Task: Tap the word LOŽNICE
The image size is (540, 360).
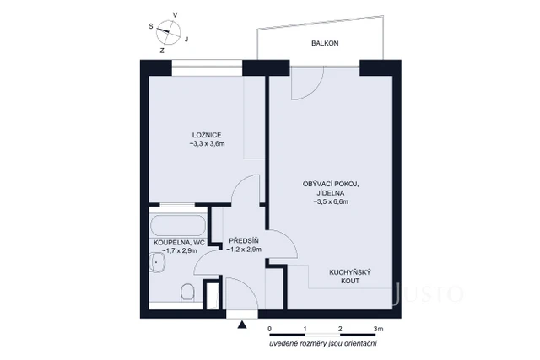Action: [207, 135]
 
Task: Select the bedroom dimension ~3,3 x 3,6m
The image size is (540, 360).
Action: [207, 144]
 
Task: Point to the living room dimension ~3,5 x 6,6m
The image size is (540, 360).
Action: [331, 202]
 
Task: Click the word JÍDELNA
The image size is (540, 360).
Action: [331, 193]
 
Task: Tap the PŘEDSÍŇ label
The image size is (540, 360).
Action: [242, 239]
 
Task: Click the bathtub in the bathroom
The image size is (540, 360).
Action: [176, 225]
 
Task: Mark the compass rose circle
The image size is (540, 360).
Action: [168, 31]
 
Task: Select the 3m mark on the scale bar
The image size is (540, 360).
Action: [378, 327]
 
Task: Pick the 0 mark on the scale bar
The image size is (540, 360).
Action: [270, 327]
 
